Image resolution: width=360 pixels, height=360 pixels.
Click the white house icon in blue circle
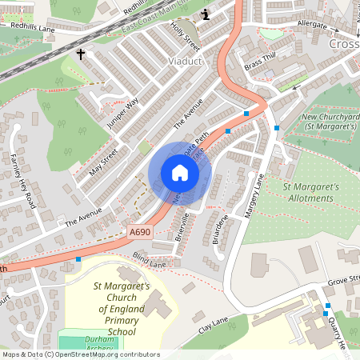[180, 173]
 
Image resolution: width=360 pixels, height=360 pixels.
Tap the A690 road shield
[139, 232]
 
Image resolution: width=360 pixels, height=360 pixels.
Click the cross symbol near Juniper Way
[80, 54]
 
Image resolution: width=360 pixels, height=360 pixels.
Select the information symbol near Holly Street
[206, 14]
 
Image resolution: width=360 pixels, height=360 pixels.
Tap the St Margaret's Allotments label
[313, 192]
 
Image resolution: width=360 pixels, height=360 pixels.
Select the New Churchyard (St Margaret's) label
[328, 122]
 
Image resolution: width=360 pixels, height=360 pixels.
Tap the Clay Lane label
[214, 324]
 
